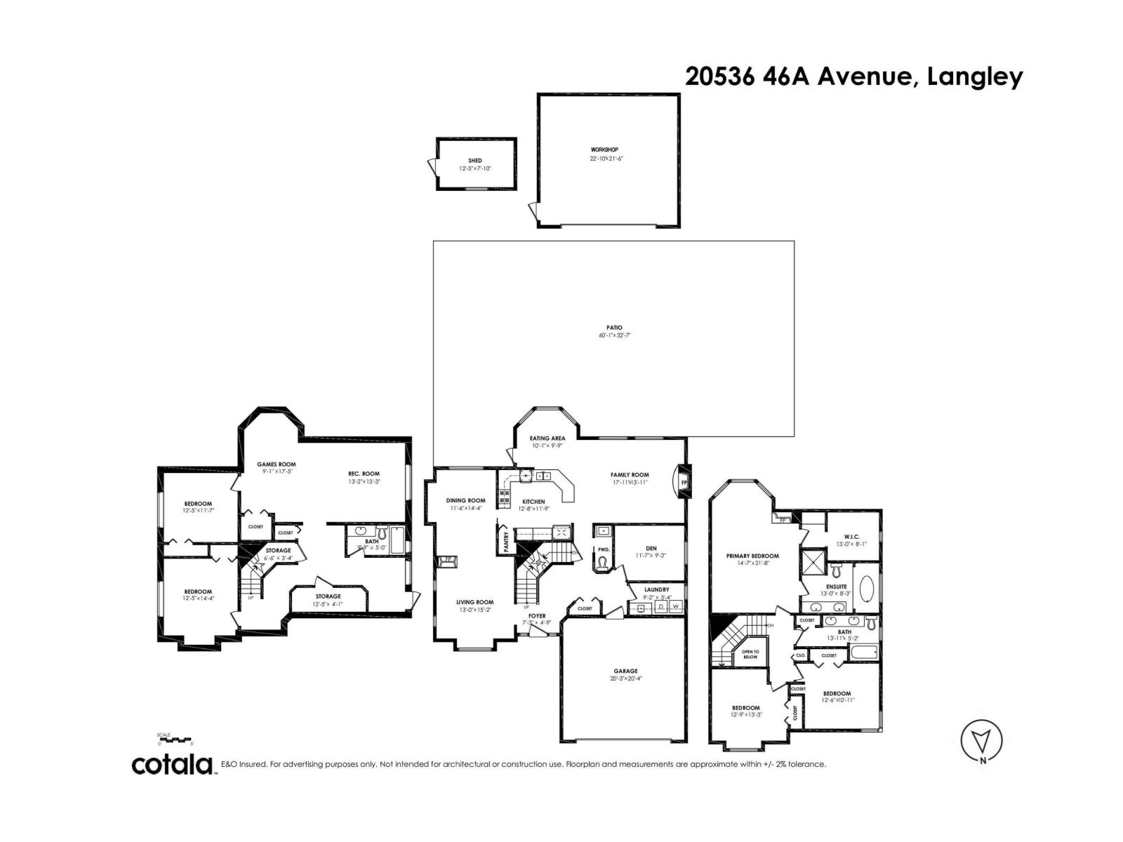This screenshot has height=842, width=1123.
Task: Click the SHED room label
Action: (x=475, y=161)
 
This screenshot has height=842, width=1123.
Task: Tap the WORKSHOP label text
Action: (x=604, y=149)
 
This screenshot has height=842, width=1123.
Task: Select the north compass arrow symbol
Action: (x=981, y=740)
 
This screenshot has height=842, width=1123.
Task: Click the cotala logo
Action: (x=173, y=764)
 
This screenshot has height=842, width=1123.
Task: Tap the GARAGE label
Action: (x=625, y=671)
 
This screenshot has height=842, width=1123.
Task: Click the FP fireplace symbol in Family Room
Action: (x=683, y=483)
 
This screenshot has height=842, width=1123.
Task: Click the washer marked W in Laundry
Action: (x=676, y=606)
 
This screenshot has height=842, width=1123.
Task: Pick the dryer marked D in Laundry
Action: (x=661, y=606)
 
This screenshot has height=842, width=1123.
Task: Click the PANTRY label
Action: (x=506, y=544)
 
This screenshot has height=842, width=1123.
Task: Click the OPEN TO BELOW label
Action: (x=750, y=654)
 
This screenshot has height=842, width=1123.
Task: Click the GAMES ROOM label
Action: (x=276, y=464)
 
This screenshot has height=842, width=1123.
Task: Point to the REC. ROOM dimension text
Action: (x=364, y=482)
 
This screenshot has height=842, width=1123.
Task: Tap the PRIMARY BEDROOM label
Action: (x=752, y=556)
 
